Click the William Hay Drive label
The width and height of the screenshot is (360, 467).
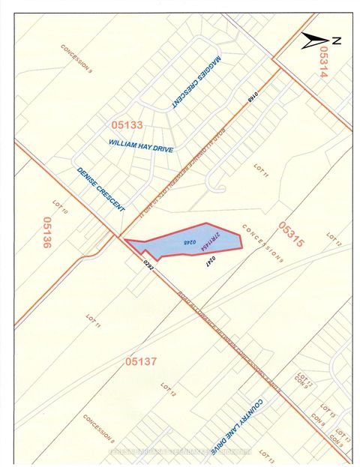pos(141,145)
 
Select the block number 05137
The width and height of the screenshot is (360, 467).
pos(142,361)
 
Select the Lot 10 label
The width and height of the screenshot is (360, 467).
pos(61,208)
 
